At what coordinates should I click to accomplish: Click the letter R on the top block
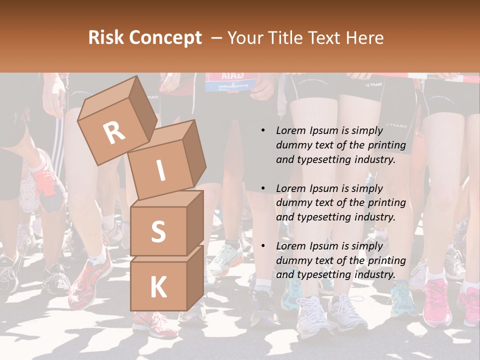(x=114, y=132)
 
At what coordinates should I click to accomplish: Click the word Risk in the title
(x=106, y=37)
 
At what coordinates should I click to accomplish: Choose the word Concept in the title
(x=165, y=38)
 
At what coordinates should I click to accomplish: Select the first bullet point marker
(x=263, y=131)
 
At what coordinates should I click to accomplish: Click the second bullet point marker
(x=263, y=189)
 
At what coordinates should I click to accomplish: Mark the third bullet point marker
(x=263, y=246)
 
